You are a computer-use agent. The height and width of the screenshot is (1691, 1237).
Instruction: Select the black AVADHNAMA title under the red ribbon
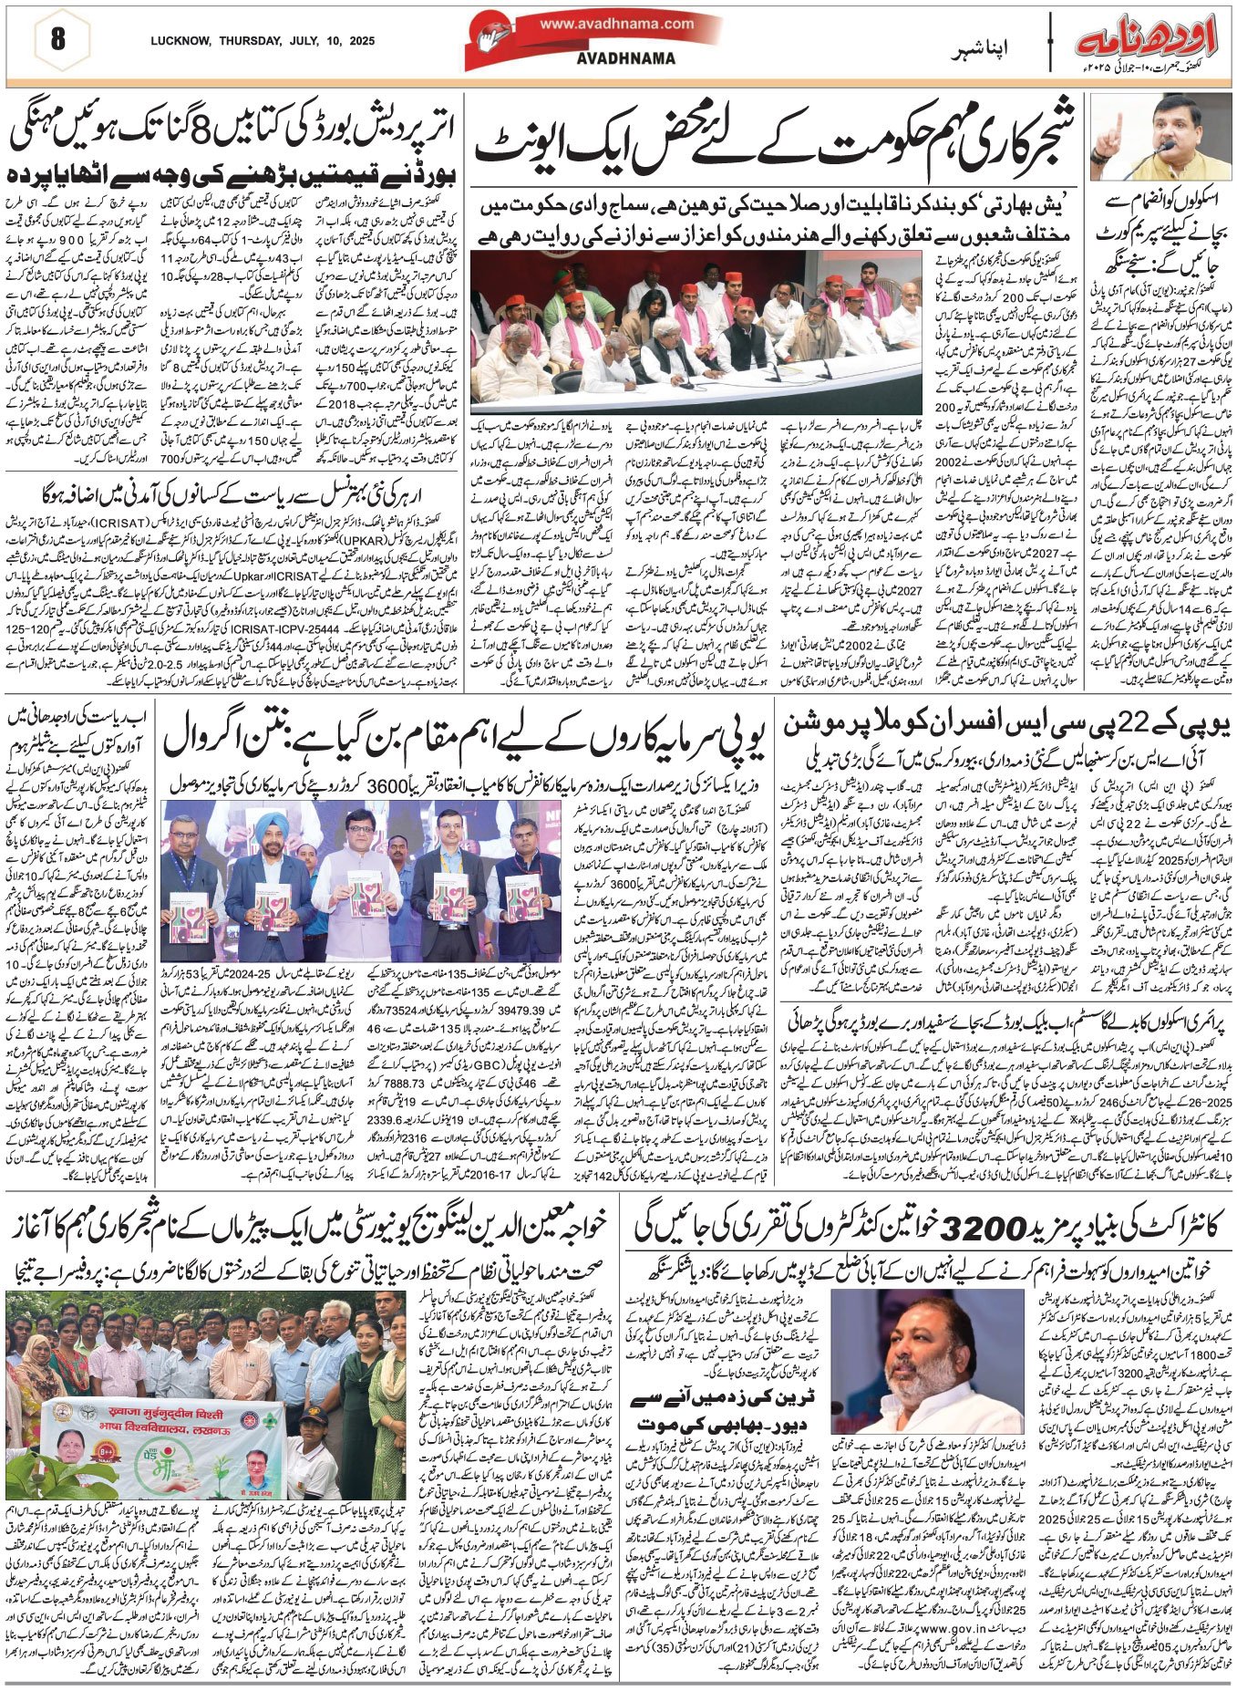(x=613, y=58)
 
